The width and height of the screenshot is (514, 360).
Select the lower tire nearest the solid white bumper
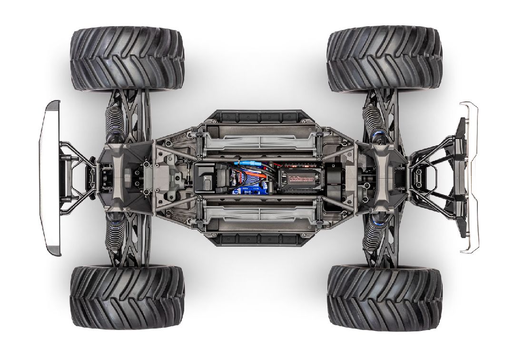tap(127, 297)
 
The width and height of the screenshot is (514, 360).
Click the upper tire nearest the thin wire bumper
tap(385, 60)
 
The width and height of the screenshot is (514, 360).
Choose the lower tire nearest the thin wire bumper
tap(385, 297)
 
